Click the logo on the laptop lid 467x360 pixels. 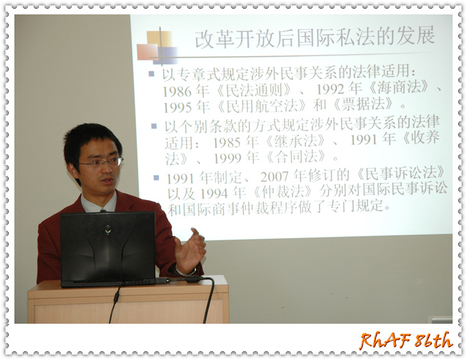click(108, 229)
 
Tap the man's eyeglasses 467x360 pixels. click(101, 163)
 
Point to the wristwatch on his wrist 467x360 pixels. click(185, 272)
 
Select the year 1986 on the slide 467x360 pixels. click(177, 91)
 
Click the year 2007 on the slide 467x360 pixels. click(275, 177)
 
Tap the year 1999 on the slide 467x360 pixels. click(228, 158)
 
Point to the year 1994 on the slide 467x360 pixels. click(214, 194)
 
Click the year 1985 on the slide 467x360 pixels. click(227, 142)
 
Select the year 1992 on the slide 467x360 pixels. click(330, 89)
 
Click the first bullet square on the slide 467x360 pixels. click(151, 73)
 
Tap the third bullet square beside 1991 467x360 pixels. click(156, 178)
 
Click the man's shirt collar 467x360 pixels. click(99, 203)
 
